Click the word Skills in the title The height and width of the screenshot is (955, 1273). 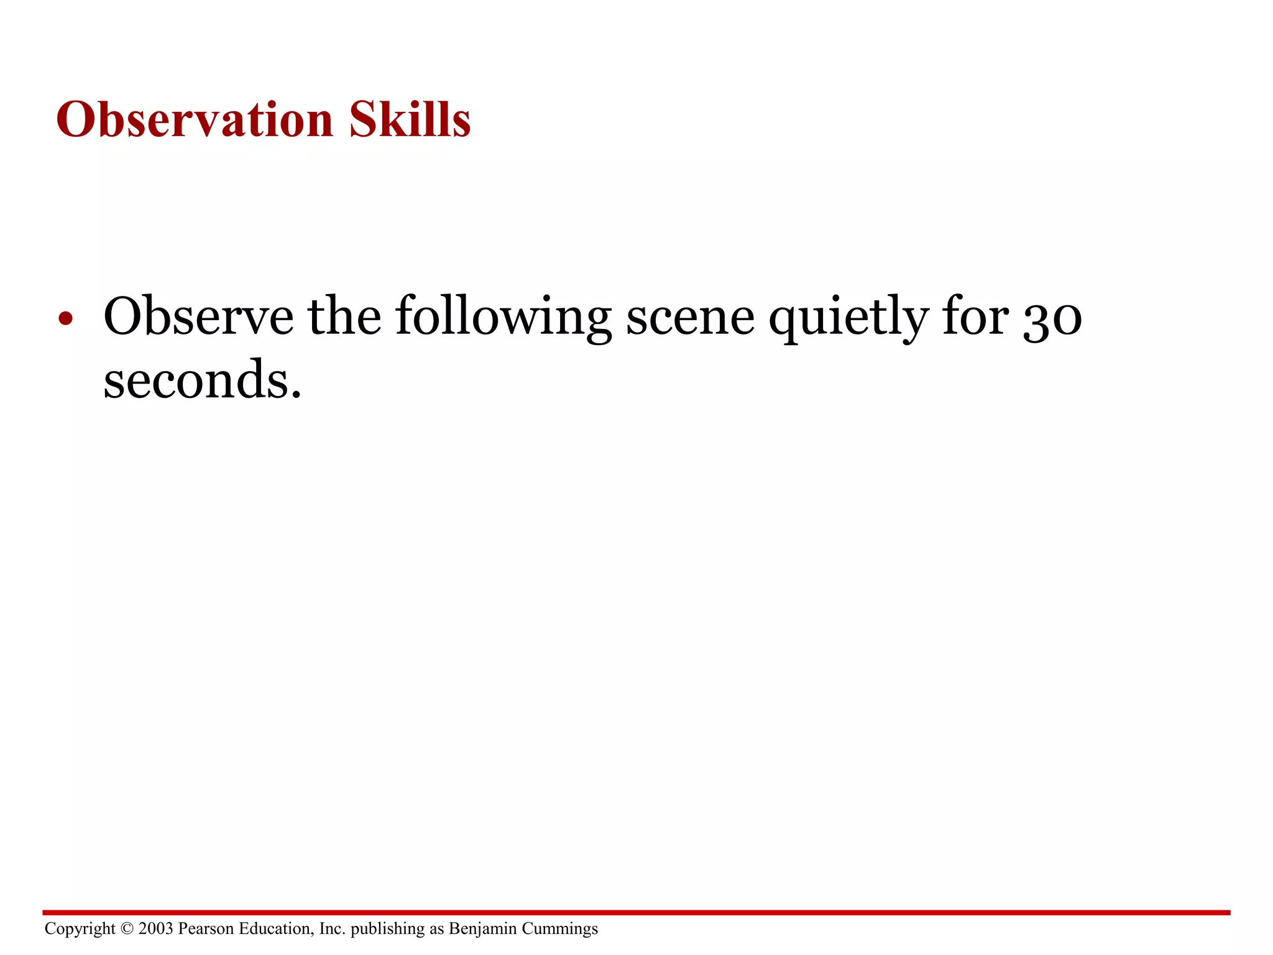pyautogui.click(x=410, y=119)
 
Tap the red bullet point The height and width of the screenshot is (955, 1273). pyautogui.click(x=65, y=319)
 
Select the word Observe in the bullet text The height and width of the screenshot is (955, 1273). pyautogui.click(x=198, y=316)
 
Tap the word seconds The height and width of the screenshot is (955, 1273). pyautogui.click(x=202, y=381)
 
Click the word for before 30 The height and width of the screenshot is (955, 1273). pyautogui.click(x=975, y=316)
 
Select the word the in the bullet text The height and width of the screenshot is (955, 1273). pyautogui.click(x=344, y=316)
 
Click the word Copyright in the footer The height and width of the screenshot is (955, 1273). pyautogui.click(x=80, y=929)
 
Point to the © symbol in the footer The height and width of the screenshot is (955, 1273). pyautogui.click(x=127, y=929)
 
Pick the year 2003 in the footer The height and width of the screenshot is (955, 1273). pyautogui.click(x=156, y=929)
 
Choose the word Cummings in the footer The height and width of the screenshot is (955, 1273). pyautogui.click(x=559, y=930)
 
